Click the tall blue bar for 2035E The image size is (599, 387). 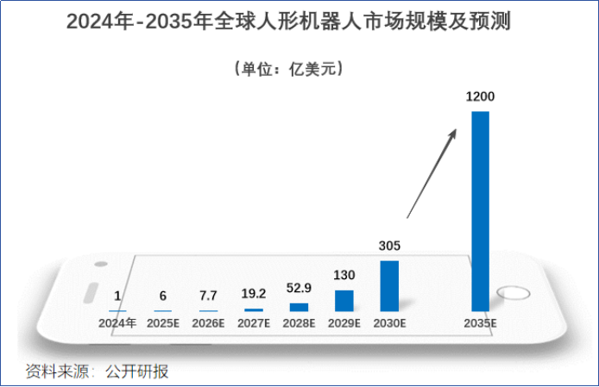pos(480,210)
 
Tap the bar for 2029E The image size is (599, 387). pos(344,300)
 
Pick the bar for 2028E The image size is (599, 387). pos(299,307)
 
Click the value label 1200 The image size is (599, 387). pos(480,97)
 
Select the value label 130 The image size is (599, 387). pos(344,276)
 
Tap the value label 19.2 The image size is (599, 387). pos(254,294)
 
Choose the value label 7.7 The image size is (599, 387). pos(208,296)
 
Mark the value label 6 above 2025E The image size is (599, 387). pos(162,296)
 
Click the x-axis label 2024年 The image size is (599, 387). pos(117,323)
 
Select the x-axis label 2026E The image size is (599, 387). pos(208,323)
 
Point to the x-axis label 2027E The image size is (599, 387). pos(254,323)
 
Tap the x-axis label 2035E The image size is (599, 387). pos(480,323)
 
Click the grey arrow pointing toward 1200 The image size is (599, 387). pos(432,172)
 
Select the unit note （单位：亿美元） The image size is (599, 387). pos(289,68)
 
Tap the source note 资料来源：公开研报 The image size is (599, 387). pos(97,371)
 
